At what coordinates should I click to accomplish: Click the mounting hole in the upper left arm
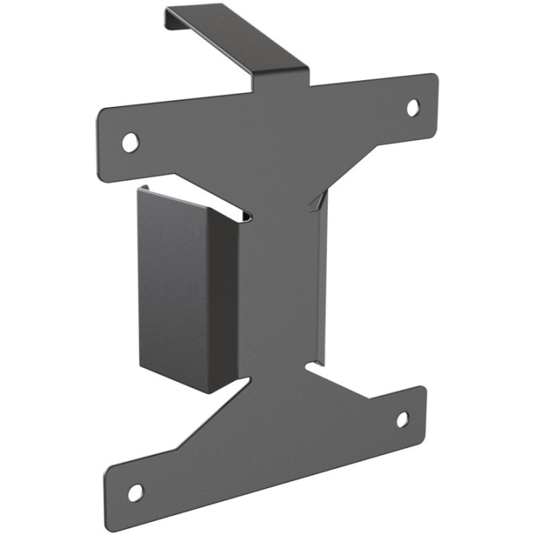[130, 142]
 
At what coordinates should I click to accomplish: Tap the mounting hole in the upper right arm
[412, 108]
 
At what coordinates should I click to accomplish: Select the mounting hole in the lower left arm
[135, 492]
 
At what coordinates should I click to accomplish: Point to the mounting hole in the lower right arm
[402, 420]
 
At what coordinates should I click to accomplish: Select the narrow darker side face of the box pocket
[223, 305]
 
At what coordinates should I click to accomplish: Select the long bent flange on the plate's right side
[320, 282]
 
